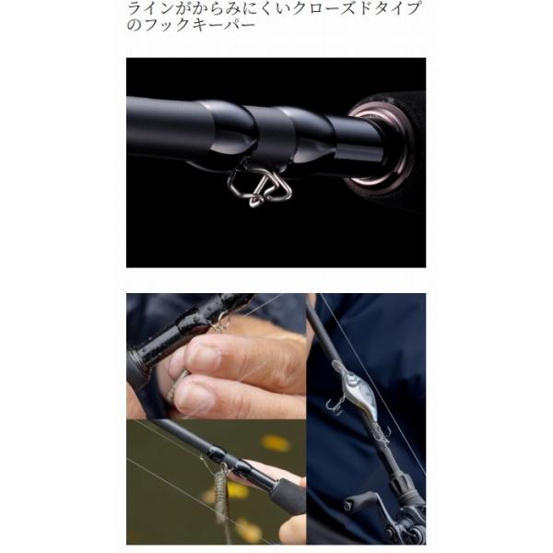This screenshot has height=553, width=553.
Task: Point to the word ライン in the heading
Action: tap(148, 10)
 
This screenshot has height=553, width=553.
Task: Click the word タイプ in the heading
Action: tap(397, 10)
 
